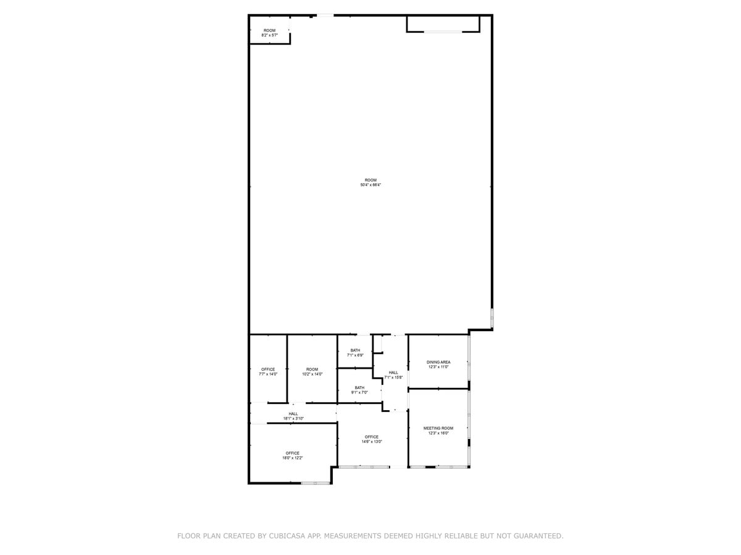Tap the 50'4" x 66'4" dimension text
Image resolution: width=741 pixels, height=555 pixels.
click(371, 185)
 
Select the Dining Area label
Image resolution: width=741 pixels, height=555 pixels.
click(438, 362)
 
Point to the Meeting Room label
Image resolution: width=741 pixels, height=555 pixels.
click(438, 428)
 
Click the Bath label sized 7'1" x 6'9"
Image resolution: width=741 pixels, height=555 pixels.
click(355, 350)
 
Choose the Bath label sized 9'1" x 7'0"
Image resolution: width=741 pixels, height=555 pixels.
click(359, 388)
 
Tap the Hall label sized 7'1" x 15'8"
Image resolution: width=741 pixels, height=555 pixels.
click(393, 372)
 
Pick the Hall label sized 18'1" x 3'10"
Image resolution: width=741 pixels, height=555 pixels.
click(293, 414)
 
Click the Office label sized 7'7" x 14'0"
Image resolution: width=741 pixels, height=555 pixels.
click(268, 369)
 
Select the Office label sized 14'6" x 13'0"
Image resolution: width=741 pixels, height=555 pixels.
click(372, 437)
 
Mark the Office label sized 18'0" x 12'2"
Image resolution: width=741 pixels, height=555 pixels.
click(292, 453)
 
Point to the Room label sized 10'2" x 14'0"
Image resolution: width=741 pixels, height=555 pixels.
click(312, 369)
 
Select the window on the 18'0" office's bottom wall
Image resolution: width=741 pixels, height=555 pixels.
click(316, 483)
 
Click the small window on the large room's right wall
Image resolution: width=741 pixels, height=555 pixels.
click(492, 318)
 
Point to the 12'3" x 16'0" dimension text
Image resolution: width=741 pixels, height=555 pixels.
click(438, 433)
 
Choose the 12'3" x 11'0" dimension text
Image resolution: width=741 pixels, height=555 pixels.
click(438, 367)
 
